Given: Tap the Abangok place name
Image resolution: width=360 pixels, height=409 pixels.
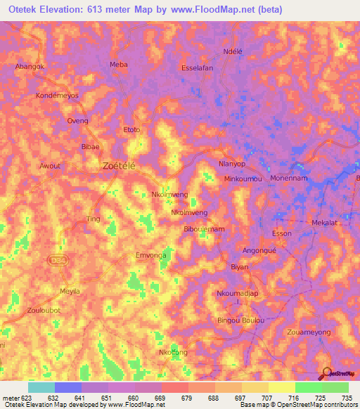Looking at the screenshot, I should pyautogui.click(x=30, y=66).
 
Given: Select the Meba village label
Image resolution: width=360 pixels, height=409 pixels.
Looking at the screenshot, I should pyautogui.click(x=119, y=64).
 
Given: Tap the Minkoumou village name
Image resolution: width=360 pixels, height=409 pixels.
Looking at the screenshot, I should pyautogui.click(x=243, y=179).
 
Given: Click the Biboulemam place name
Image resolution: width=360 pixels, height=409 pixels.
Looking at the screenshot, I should pyautogui.click(x=203, y=229).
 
